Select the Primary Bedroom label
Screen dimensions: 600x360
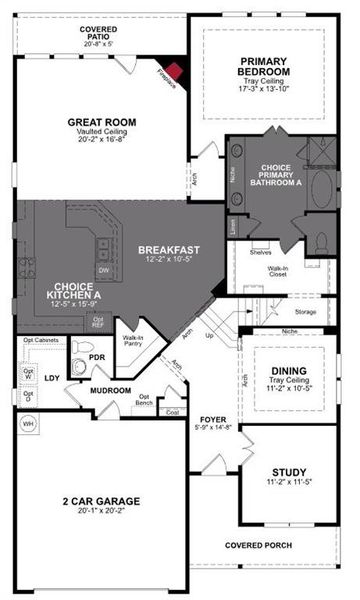point(263,66)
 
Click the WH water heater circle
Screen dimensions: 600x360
point(28,422)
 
